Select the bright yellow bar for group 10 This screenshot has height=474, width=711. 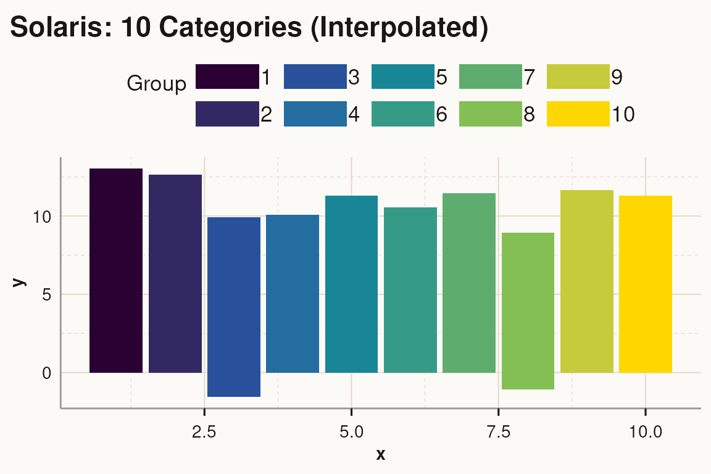[645, 284]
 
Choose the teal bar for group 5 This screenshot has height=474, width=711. [351, 284]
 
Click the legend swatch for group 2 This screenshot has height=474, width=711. [227, 114]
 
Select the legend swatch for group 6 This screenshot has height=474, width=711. [403, 114]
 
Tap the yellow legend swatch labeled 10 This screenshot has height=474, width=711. [578, 114]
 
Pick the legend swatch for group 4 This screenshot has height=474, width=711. [315, 114]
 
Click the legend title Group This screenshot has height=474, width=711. [156, 84]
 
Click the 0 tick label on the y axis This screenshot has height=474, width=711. [47, 373]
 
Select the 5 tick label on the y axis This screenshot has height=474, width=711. [47, 295]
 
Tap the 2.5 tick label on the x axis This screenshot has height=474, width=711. [204, 432]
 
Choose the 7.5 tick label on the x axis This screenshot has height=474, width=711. [499, 432]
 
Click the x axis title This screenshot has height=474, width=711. [381, 455]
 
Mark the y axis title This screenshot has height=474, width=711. [20, 282]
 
